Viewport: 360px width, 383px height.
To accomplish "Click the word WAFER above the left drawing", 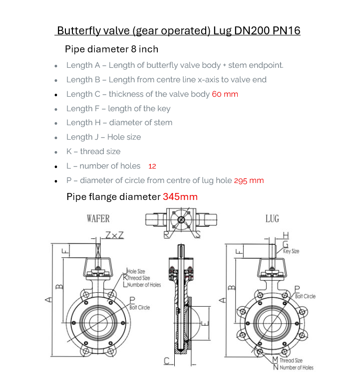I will click(x=98, y=218).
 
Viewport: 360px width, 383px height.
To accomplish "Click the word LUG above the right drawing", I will click(x=272, y=218).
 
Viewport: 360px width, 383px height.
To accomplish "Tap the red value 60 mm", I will click(x=225, y=94).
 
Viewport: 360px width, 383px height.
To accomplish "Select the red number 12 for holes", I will click(x=152, y=166).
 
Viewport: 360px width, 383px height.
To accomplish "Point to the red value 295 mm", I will click(x=249, y=181).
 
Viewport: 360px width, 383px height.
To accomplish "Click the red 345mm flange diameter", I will click(x=180, y=197).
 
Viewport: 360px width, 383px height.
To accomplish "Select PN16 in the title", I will click(x=287, y=30).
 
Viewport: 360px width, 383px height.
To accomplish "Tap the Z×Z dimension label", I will click(x=115, y=235).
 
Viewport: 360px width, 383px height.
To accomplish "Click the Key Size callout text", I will click(x=291, y=251).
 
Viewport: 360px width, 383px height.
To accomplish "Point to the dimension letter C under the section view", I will click(x=167, y=361).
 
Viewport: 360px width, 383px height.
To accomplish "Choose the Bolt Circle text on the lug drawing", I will click(x=305, y=296).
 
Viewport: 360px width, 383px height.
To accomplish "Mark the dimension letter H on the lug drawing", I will click(x=286, y=235).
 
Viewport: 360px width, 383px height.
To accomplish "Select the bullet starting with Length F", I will click(x=118, y=108).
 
